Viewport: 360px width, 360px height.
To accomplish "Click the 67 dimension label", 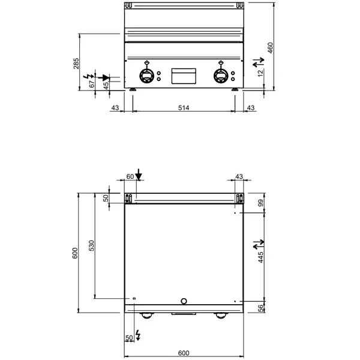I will (92, 84).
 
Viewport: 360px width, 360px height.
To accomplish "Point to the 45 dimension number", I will (107, 86).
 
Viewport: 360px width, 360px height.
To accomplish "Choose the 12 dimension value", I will (260, 73).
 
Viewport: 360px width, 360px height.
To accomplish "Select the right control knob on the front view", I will (220, 76).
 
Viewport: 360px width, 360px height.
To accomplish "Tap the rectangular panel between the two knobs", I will (183, 76).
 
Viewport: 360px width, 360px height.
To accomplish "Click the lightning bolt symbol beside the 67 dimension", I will (91, 75).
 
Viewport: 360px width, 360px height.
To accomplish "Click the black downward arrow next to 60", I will (139, 175).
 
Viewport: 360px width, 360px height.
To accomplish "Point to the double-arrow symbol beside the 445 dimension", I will (258, 244).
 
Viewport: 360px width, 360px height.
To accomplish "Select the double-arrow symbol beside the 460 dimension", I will (258, 61).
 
